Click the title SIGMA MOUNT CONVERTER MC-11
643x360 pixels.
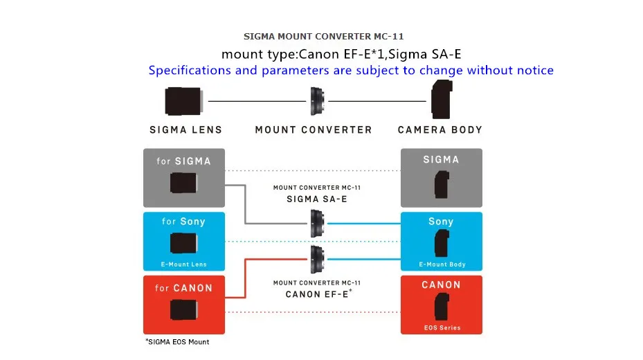(x=323, y=37)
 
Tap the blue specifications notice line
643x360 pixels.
(x=351, y=70)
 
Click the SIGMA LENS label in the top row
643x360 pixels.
(x=185, y=130)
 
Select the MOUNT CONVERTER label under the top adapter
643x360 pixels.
(x=314, y=130)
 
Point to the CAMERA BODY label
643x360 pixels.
(x=440, y=130)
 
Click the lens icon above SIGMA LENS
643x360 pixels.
(x=183, y=101)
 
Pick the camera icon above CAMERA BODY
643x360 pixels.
(x=442, y=99)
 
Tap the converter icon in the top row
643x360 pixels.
(x=318, y=101)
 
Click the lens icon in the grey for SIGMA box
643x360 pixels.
(x=183, y=183)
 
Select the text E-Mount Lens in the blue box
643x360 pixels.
(x=183, y=264)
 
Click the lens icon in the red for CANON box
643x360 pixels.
(x=183, y=309)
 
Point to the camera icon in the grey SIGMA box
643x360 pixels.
(x=442, y=185)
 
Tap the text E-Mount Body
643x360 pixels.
(x=442, y=264)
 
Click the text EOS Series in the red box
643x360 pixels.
(x=442, y=327)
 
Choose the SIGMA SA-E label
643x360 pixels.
(x=316, y=199)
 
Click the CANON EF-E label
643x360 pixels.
(x=318, y=294)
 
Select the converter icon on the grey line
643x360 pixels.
(x=318, y=224)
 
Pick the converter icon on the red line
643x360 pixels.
(x=318, y=259)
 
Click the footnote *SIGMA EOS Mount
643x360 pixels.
(x=177, y=342)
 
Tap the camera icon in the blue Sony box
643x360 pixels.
(x=442, y=243)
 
